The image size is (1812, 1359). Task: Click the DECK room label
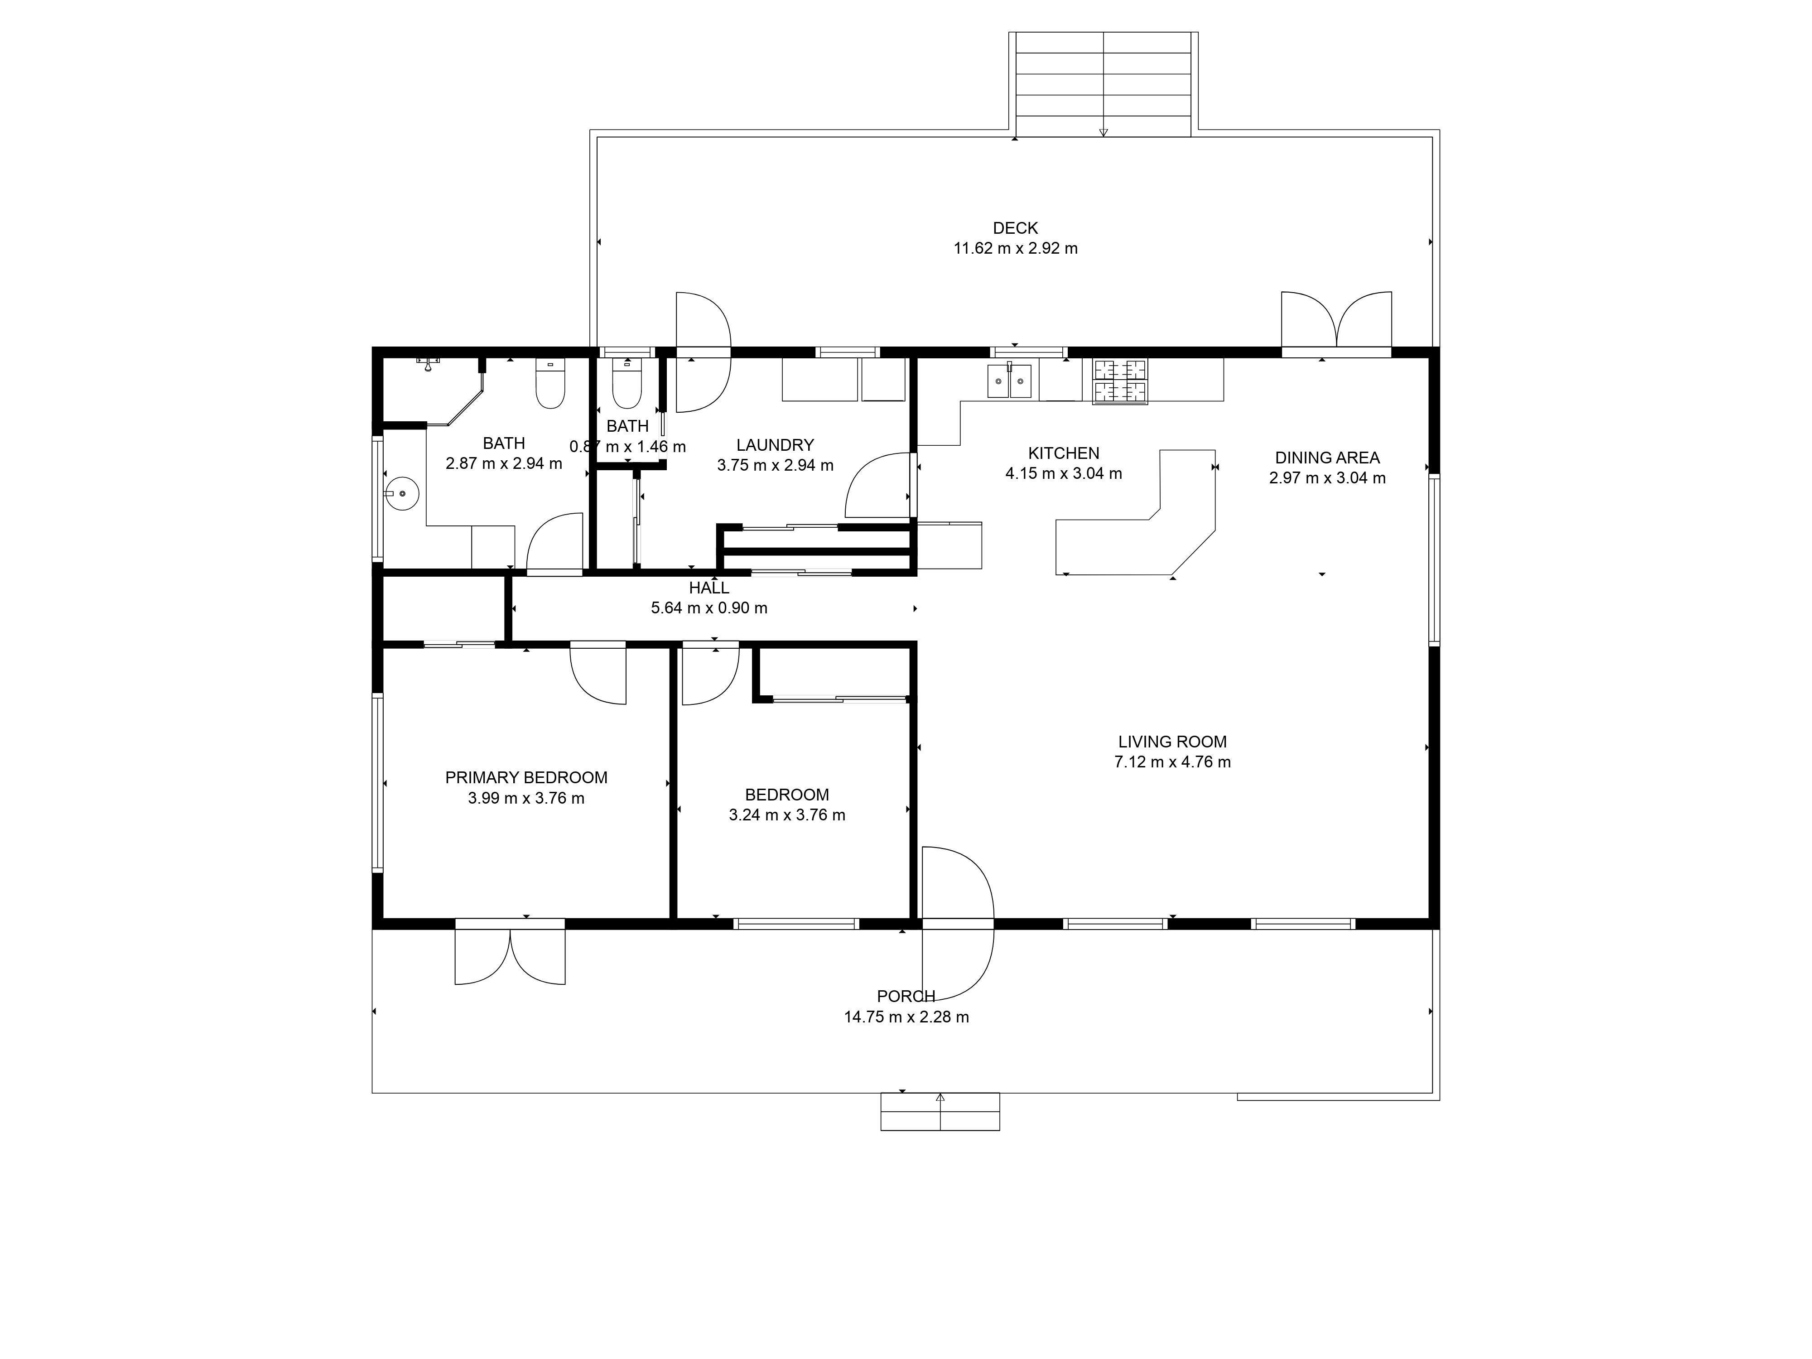pos(1015,228)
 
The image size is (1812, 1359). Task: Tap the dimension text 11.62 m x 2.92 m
pos(1015,248)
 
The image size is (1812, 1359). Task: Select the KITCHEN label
pos(1063,453)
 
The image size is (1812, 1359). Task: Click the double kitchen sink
pos(1009,381)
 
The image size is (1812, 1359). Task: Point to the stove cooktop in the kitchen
pos(1120,382)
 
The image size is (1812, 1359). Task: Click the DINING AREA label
pos(1327,458)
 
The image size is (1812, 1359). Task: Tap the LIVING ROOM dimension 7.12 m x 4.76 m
pos(1172,762)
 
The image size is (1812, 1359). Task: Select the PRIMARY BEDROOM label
pos(526,777)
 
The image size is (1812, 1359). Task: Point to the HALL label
pos(708,588)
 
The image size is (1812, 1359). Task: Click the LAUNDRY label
pos(775,445)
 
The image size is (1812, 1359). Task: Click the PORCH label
pos(906,996)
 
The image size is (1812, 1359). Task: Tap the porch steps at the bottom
pos(940,1112)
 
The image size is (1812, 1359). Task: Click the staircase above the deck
pos(1104,84)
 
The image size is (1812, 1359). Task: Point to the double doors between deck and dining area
pos(1336,319)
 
